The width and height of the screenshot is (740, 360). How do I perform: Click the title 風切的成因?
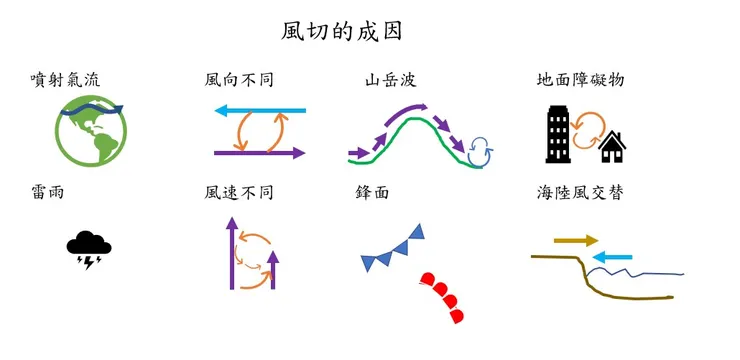click(342, 31)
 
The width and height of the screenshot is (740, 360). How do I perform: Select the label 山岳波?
click(391, 79)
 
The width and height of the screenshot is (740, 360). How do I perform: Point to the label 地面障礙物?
click(580, 79)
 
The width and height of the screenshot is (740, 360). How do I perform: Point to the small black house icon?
click(612, 148)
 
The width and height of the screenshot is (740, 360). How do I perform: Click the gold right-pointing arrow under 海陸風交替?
click(576, 240)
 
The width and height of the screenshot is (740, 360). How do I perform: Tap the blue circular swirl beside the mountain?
click(481, 150)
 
